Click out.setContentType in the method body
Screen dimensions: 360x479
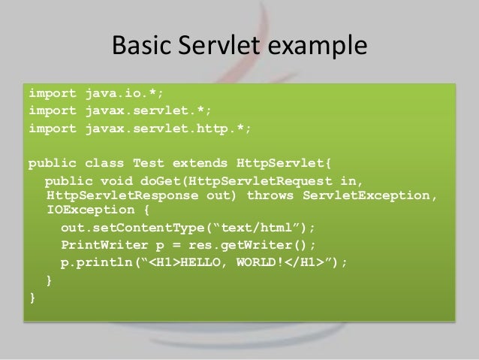click(x=128, y=228)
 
